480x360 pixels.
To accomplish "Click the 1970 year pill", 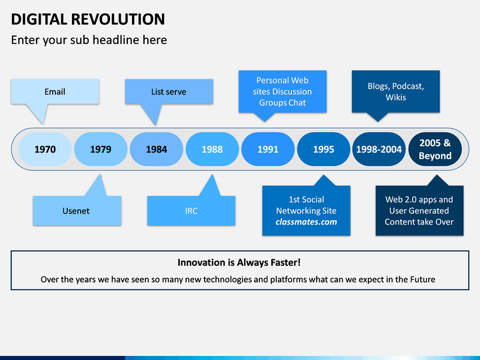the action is coord(45,149).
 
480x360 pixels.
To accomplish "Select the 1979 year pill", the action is coord(101,149).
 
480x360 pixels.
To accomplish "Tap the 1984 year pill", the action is coord(157,149).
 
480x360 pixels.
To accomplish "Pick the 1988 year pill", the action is coord(212,149).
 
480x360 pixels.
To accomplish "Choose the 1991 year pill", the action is coord(268,149).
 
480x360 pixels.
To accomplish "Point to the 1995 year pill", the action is coord(323,149).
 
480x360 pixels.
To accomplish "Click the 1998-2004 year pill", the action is coord(379,149).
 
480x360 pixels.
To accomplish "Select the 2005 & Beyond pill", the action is coord(435,149).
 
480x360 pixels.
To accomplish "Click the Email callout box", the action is coord(55,91).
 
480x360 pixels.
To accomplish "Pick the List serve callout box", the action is coord(169,91).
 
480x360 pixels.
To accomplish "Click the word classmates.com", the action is coord(306,222).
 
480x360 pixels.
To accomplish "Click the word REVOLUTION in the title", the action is coord(118,19).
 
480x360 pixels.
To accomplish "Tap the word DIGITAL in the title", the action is coord(39,19).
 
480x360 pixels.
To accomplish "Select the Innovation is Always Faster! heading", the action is coord(239,263).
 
